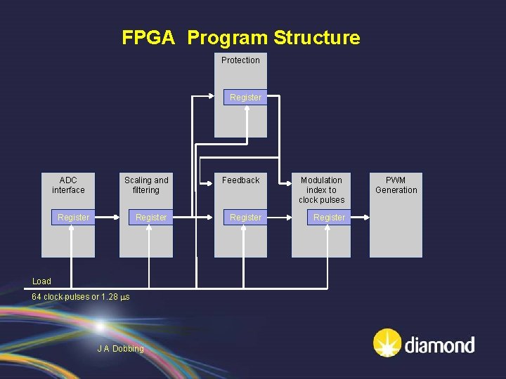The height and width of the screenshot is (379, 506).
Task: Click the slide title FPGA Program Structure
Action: tap(240, 38)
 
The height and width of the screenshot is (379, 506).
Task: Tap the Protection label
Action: tap(240, 60)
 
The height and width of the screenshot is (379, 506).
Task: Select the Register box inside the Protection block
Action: tap(245, 98)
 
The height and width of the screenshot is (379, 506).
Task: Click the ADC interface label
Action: tap(68, 185)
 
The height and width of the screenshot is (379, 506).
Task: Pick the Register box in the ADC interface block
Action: tap(73, 218)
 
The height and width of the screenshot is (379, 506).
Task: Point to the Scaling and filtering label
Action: tap(146, 185)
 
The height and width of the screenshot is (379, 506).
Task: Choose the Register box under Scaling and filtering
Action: tap(151, 218)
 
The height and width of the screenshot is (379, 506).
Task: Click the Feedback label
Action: tap(240, 180)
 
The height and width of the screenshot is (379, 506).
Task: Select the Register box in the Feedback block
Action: tap(245, 218)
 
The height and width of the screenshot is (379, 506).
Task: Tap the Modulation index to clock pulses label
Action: tap(321, 190)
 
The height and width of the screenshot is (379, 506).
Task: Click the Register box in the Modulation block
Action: tap(329, 218)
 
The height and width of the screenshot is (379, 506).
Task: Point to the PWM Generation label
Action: tap(396, 185)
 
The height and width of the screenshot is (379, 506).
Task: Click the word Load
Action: tap(41, 281)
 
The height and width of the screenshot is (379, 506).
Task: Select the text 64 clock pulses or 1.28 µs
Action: tap(81, 297)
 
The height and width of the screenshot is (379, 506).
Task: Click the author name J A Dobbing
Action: tap(120, 349)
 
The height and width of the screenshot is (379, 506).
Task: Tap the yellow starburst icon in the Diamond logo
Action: tap(387, 344)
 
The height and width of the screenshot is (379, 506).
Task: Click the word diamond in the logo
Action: tap(439, 345)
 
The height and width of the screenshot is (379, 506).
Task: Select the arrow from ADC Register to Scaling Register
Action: tap(108, 218)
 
